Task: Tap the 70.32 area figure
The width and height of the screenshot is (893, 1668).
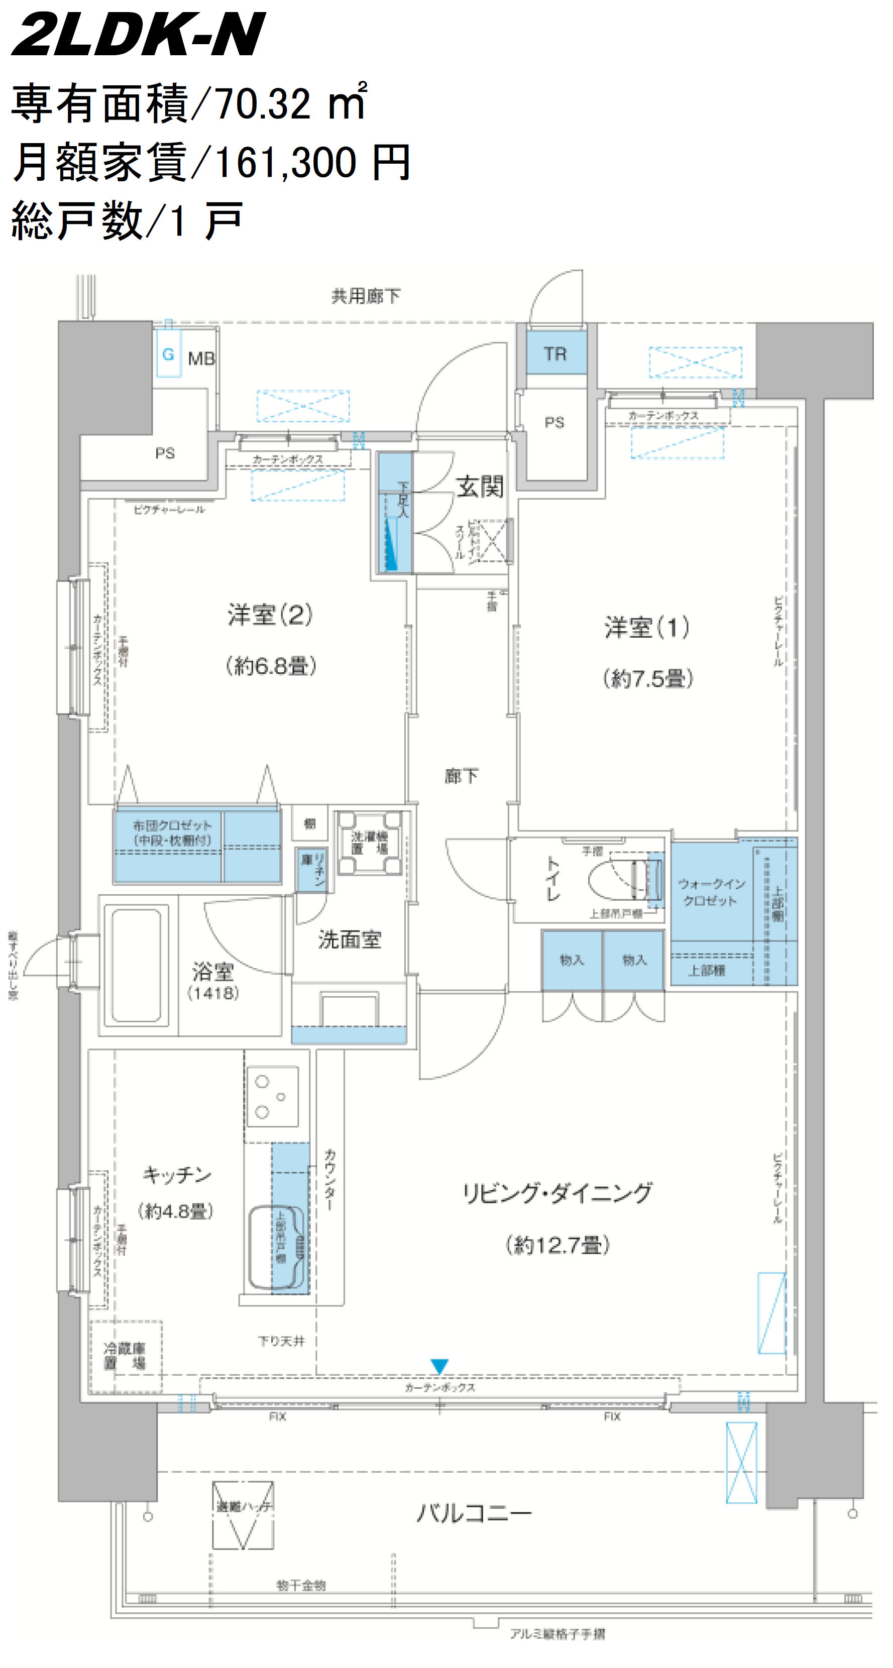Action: pos(262,103)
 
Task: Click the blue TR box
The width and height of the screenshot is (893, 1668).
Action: pos(555,353)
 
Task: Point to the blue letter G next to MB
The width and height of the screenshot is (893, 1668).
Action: pos(168,354)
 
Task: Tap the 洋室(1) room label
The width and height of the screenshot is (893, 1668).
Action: pos(646,627)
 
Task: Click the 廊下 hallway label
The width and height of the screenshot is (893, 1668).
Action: pos(461,775)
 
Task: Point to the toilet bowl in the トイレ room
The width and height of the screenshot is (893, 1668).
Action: pos(615,878)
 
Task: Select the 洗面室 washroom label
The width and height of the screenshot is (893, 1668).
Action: pos(350,939)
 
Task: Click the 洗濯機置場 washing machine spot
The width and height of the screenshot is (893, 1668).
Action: pos(369,843)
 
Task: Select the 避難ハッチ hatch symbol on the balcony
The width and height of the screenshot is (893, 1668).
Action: pos(243,1514)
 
